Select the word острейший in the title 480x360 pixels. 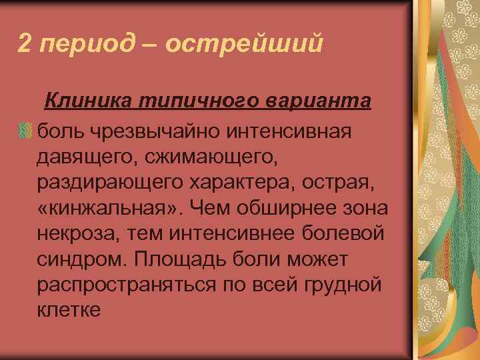coord(243,44)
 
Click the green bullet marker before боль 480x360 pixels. coord(25,131)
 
